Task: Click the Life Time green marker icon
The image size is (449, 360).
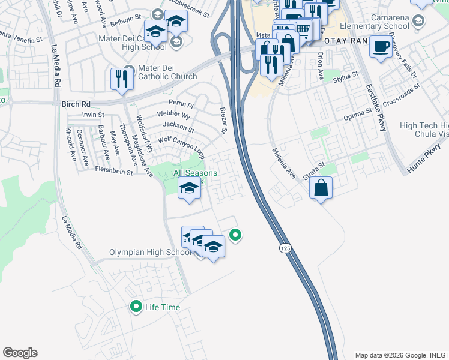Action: click(x=136, y=307)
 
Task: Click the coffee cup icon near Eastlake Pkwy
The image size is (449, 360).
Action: click(x=381, y=47)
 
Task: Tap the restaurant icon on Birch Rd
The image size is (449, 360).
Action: click(x=121, y=79)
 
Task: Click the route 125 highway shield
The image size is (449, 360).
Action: click(x=283, y=248)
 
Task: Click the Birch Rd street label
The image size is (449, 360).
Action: click(x=75, y=104)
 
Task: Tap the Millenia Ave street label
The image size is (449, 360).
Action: click(x=284, y=164)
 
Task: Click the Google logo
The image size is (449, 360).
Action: click(x=20, y=353)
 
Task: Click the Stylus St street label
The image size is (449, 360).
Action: click(x=345, y=76)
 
